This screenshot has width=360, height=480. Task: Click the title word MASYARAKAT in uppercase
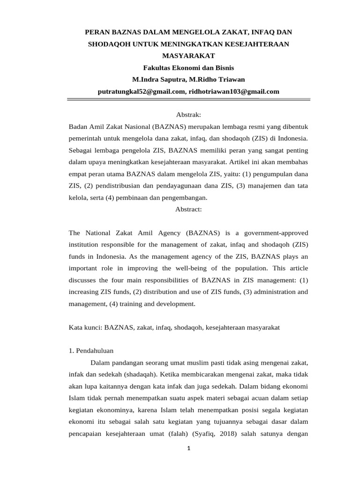tap(188, 56)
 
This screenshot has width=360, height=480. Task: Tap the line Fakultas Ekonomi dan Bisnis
tap(188, 67)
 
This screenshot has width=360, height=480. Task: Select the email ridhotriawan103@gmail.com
tap(233, 91)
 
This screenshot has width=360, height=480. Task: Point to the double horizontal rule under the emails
tap(188, 99)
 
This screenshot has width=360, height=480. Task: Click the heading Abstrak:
tap(188, 115)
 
